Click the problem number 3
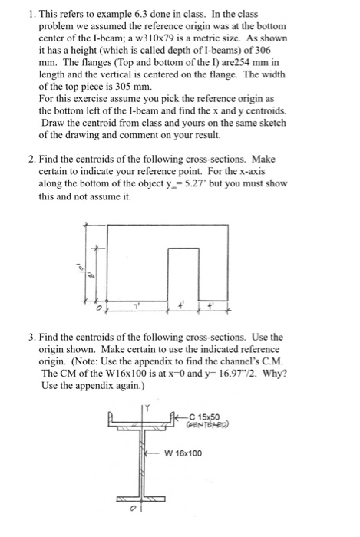point(27,337)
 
